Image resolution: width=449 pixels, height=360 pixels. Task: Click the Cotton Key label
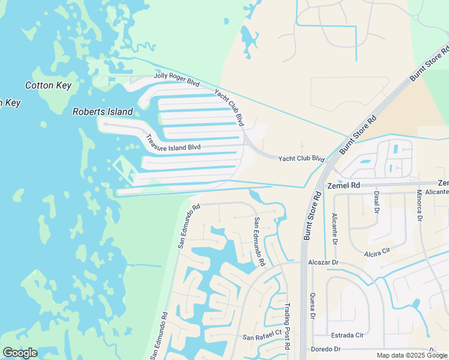(x=48, y=85)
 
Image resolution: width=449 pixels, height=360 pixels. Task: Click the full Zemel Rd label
(x=343, y=186)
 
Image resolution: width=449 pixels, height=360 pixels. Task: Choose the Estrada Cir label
(x=347, y=335)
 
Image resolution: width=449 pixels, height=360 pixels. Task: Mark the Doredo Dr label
(x=326, y=349)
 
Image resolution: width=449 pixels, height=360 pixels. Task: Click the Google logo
(x=20, y=353)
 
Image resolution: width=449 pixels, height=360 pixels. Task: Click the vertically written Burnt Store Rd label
(x=311, y=215)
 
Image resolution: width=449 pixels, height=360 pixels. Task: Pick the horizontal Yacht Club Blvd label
(x=301, y=159)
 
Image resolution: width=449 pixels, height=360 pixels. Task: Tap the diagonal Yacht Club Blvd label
(x=230, y=107)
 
